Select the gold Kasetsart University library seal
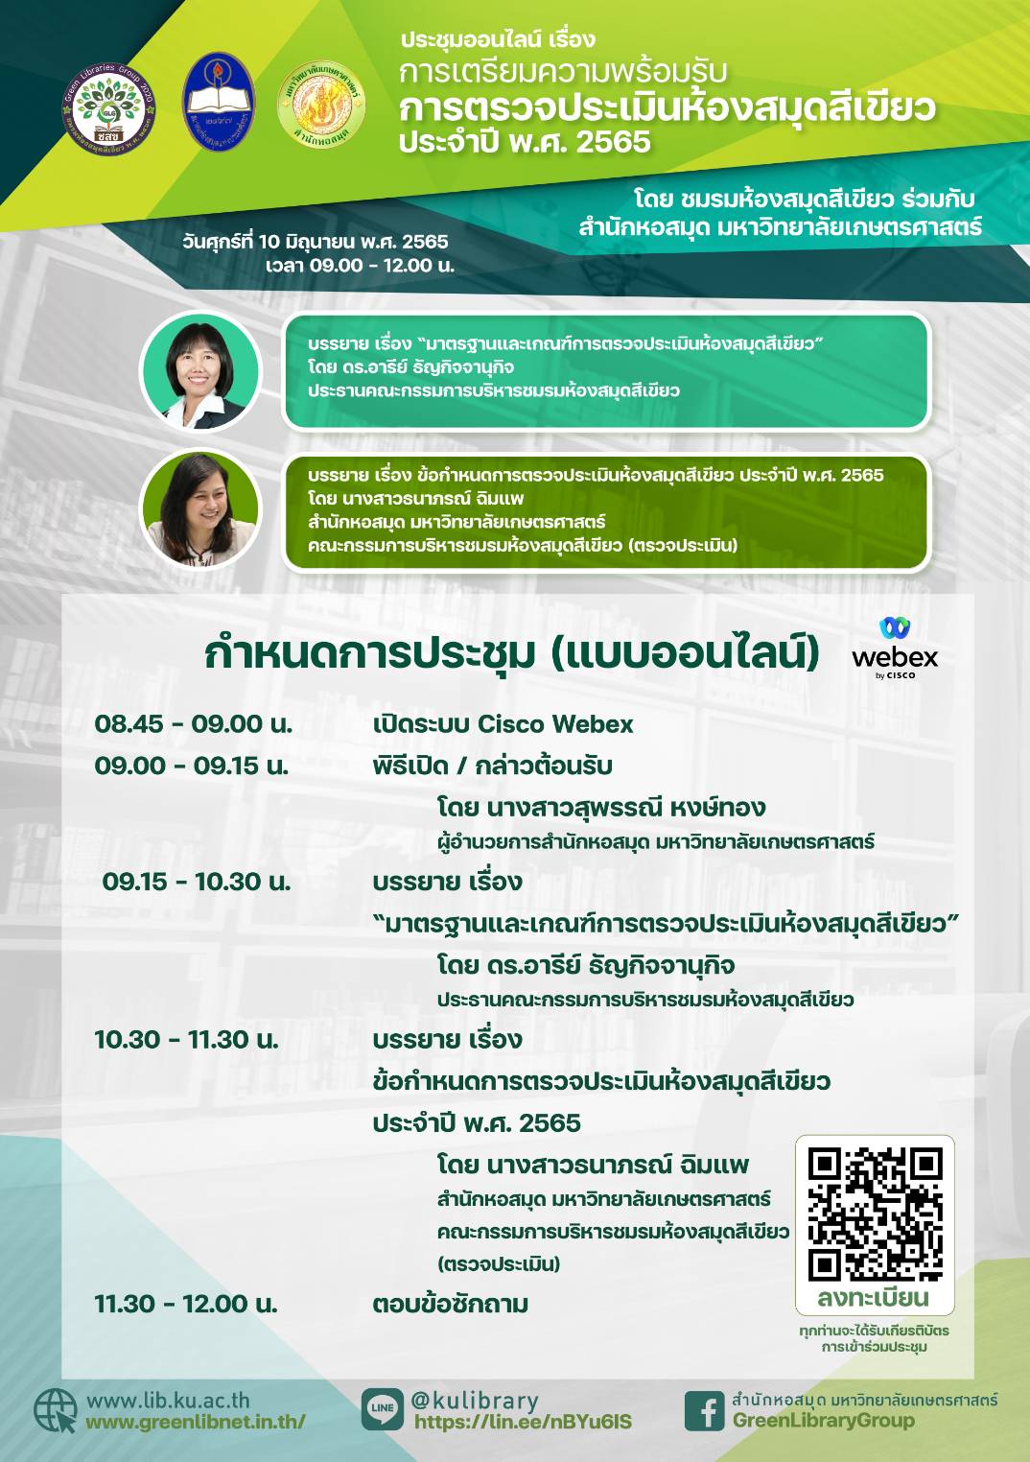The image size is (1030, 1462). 321,106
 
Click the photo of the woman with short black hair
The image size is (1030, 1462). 200,371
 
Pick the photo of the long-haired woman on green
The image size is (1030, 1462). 200,508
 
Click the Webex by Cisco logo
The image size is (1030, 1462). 895,648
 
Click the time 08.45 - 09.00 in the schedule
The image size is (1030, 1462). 194,724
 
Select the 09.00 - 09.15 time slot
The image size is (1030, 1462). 192,766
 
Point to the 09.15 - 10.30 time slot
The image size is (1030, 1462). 197,882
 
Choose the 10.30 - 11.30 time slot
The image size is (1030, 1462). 187,1040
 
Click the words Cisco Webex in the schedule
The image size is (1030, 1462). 555,724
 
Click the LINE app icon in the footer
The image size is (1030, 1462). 383,1409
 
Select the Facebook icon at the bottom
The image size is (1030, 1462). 705,1410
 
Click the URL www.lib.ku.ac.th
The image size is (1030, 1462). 168,1401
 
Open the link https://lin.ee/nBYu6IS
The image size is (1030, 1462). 524,1422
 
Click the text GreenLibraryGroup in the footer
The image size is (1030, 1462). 824,1421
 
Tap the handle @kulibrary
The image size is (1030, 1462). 474,1401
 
